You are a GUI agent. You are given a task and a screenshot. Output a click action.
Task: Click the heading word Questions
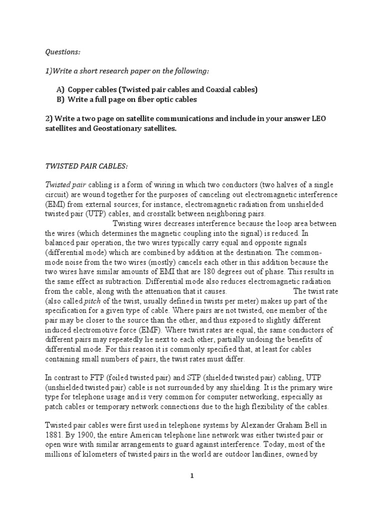(x=62, y=51)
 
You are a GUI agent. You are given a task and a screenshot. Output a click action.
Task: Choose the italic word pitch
(x=92, y=300)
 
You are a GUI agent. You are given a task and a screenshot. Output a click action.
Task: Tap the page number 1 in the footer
(x=192, y=476)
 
